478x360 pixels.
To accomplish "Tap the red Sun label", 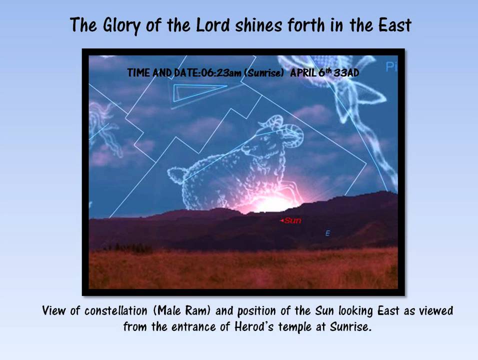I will (x=292, y=220).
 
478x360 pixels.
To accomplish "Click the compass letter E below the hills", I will (x=327, y=233).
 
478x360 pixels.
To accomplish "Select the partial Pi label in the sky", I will (x=390, y=66).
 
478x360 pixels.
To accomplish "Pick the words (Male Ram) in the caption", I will (x=184, y=311).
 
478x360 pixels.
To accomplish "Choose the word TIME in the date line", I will (x=138, y=73).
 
